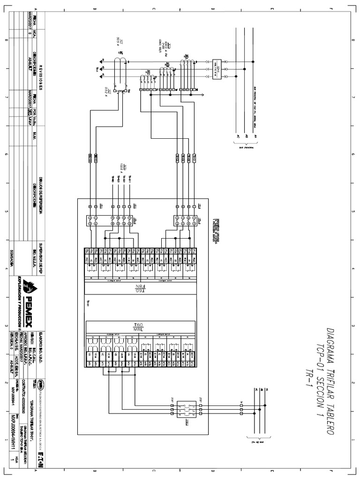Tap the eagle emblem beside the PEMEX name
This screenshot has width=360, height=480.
coord(29,284)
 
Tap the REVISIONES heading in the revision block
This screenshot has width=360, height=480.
coord(40,77)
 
